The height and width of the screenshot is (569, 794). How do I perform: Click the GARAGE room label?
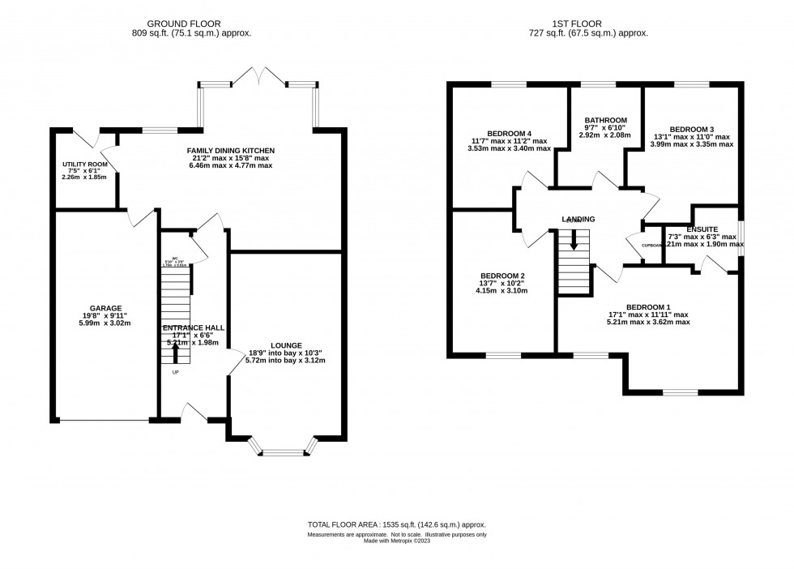(x=105, y=308)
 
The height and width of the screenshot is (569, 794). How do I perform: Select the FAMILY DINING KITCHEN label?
(x=231, y=151)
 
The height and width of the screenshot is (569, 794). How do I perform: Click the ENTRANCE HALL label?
(x=193, y=327)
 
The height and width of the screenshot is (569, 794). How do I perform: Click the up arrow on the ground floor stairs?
(x=176, y=349)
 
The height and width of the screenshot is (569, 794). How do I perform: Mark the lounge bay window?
(x=284, y=451)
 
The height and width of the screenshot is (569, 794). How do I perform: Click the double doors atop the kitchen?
(x=258, y=76)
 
